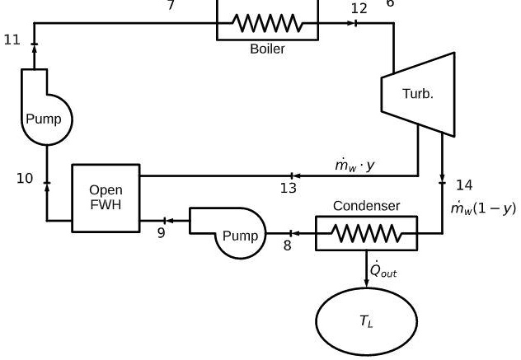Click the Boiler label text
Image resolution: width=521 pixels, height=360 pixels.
(267, 49)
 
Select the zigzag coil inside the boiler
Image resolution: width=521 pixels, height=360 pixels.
(268, 24)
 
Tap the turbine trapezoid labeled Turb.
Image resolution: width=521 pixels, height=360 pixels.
(417, 94)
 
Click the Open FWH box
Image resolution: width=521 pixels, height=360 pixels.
(106, 198)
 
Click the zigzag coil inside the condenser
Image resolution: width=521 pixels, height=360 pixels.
(366, 234)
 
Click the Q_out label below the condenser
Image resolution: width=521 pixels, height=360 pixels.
(383, 269)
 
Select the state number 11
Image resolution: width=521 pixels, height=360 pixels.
(12, 39)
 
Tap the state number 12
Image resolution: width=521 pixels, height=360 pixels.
(359, 8)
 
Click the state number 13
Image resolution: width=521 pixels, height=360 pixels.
(288, 189)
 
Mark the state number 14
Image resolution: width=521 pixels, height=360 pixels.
(465, 185)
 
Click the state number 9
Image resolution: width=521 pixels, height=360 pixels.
(162, 233)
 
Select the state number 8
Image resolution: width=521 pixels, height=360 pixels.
(288, 245)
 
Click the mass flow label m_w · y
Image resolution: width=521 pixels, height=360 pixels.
(354, 166)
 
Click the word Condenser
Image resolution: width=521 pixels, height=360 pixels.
(366, 205)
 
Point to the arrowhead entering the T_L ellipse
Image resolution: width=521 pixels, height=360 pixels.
(366, 283)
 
